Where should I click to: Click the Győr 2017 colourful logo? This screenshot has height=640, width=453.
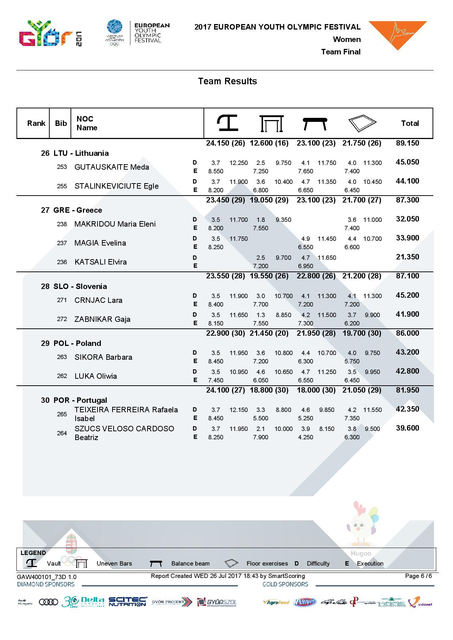[50, 34]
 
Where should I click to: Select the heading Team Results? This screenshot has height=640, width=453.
[227, 81]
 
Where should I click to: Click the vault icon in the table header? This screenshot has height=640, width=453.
[227, 123]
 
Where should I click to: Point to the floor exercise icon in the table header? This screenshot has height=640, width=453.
[362, 123]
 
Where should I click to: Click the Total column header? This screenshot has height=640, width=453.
[410, 123]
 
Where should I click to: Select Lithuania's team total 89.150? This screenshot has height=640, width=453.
[407, 143]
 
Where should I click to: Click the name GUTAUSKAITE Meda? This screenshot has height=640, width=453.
[111, 167]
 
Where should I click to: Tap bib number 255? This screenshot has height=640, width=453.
[62, 186]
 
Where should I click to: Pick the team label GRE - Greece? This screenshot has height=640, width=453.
[77, 210]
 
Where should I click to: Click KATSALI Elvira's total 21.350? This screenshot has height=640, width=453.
[407, 257]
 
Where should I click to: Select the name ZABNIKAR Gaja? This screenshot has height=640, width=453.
[102, 319]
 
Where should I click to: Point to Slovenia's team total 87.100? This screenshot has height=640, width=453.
[407, 276]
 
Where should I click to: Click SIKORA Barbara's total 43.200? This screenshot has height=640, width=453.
[407, 352]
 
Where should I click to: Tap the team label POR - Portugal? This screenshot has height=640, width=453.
[80, 400]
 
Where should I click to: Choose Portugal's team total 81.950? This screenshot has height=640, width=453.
[407, 390]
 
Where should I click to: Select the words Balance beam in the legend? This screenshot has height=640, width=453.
[190, 563]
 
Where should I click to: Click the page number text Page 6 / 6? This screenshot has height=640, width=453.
[418, 576]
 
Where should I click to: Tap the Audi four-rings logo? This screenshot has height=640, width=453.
[48, 602]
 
